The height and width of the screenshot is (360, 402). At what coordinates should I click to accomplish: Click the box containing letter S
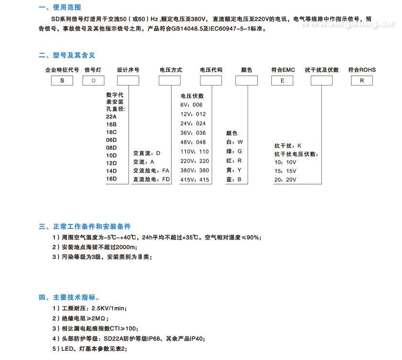click(x=62, y=81)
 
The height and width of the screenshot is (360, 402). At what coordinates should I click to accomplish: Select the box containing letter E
click(x=282, y=81)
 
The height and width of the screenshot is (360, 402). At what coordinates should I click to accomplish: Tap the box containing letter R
click(x=362, y=81)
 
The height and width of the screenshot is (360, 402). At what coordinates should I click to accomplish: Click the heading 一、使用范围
click(x=60, y=7)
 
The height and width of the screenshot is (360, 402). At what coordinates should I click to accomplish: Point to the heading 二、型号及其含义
click(x=67, y=55)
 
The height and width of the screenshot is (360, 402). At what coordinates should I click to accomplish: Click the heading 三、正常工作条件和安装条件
click(x=84, y=226)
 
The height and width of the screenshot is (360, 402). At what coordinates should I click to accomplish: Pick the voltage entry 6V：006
click(x=191, y=105)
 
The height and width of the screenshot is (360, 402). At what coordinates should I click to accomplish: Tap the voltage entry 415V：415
click(x=195, y=180)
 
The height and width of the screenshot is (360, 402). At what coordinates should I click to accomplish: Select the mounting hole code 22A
click(x=111, y=117)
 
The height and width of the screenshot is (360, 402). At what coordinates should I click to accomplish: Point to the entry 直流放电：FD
click(x=152, y=179)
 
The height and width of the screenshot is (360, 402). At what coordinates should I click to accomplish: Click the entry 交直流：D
click(x=147, y=153)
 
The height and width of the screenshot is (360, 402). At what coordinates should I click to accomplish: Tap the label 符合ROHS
click(x=362, y=70)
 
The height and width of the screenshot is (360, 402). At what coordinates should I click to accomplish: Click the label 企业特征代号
click(x=62, y=70)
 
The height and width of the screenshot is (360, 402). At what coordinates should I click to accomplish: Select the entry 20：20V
click(x=285, y=180)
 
